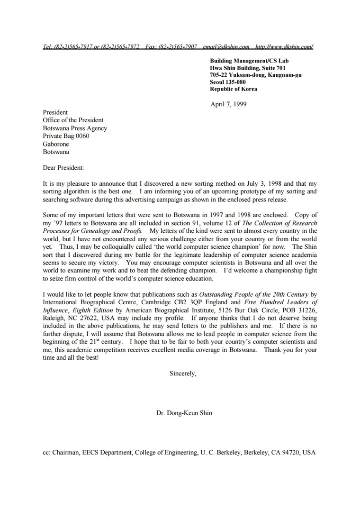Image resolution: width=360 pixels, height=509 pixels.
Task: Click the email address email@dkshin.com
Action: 226,46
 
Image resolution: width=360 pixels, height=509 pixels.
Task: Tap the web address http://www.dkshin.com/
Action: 284,46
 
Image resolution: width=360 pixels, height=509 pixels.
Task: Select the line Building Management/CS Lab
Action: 249,61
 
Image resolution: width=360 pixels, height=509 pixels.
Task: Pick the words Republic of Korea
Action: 234,89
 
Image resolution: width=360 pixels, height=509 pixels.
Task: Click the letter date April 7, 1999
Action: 228,104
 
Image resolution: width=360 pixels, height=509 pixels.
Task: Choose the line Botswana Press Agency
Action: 75,128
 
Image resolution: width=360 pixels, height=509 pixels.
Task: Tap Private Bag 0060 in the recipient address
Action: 66,136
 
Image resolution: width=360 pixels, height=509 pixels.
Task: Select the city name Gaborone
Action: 56,144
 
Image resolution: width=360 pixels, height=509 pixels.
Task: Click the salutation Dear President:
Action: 63,168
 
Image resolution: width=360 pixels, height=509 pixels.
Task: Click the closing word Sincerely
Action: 182,373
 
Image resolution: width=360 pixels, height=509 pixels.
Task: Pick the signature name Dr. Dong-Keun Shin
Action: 184,413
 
